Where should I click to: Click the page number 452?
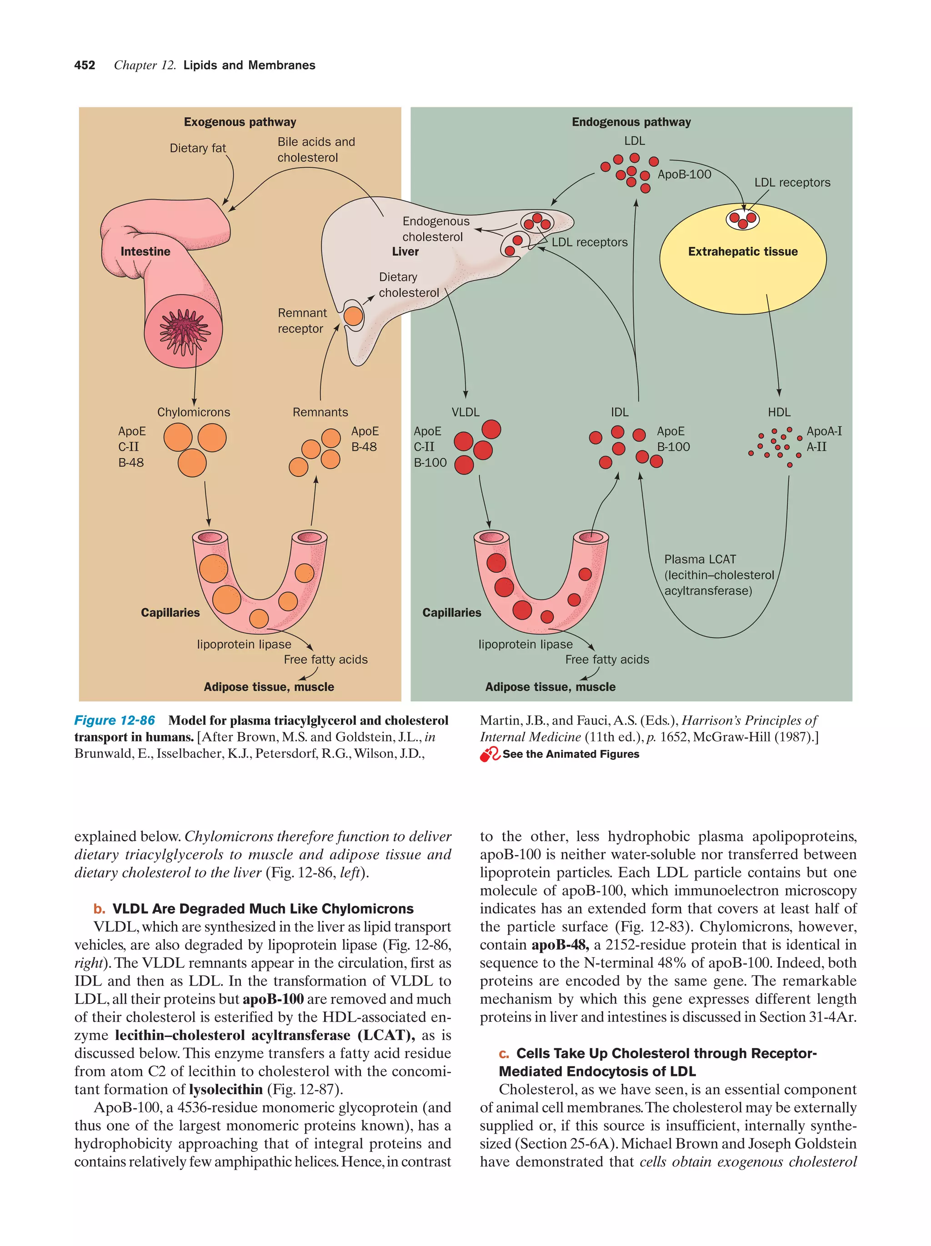click(x=85, y=65)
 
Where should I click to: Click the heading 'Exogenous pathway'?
click(x=240, y=122)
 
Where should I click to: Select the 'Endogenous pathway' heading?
click(x=631, y=122)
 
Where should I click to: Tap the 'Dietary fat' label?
click(x=198, y=148)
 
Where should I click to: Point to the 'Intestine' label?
click(x=145, y=252)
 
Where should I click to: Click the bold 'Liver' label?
click(x=405, y=252)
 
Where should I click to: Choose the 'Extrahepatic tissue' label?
click(x=742, y=252)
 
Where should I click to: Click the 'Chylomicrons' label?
click(x=193, y=412)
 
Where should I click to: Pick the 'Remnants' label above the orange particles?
click(x=320, y=412)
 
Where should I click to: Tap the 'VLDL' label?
click(x=465, y=412)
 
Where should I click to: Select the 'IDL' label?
click(x=620, y=412)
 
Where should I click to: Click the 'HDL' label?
click(x=779, y=412)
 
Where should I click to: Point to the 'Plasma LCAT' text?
click(x=700, y=559)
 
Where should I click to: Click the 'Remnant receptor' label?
click(x=302, y=320)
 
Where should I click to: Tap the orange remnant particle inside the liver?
click(x=353, y=316)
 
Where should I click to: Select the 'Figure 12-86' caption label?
click(x=115, y=721)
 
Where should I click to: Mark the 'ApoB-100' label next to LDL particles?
click(x=684, y=175)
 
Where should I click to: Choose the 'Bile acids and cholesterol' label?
click(x=315, y=150)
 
